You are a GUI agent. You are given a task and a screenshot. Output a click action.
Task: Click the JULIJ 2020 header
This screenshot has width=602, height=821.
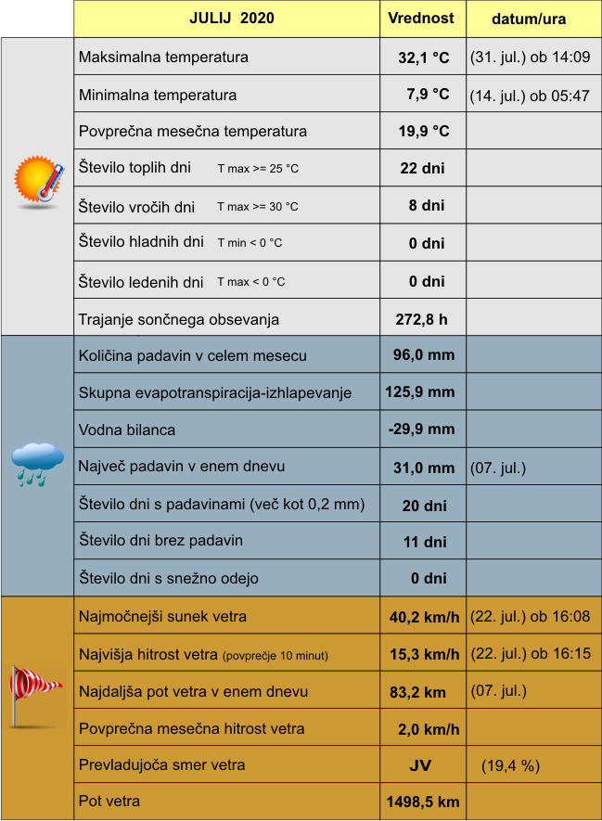[x=231, y=19]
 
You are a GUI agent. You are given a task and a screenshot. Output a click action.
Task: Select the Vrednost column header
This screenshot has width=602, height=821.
[x=421, y=19]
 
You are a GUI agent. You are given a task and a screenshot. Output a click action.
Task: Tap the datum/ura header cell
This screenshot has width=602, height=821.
[x=529, y=19]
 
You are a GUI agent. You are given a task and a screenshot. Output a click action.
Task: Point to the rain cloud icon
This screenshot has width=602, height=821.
[x=37, y=464]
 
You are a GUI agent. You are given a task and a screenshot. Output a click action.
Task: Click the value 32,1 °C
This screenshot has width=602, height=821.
[x=423, y=58]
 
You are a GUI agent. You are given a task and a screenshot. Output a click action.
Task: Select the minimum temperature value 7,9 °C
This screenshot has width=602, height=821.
[x=428, y=95]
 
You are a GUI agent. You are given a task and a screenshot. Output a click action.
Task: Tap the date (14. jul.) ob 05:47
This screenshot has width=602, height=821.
[x=530, y=95]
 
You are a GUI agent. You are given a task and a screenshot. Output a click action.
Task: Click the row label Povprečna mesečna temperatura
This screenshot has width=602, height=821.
[x=193, y=132]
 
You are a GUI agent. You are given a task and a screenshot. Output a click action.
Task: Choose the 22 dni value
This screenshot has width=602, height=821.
[x=422, y=169]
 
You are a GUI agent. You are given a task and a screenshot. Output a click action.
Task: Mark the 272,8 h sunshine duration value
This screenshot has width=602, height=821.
[x=421, y=320]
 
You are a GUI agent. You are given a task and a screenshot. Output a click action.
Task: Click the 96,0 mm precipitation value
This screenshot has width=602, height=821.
[x=424, y=355]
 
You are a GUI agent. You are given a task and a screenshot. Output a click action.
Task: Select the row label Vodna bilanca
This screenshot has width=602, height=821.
[x=127, y=430]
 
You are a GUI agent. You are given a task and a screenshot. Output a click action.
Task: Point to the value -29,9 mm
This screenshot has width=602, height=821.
[x=421, y=430]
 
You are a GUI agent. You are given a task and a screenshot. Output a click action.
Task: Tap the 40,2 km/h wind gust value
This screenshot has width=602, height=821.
[x=424, y=617]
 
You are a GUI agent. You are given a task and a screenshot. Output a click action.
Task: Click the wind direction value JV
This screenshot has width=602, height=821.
[x=420, y=766]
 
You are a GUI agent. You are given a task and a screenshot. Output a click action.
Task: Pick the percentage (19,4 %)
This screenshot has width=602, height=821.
[x=510, y=766]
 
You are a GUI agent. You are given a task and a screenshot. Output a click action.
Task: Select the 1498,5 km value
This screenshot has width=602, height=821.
[x=422, y=802]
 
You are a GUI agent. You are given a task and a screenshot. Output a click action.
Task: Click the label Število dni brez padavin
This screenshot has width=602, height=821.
[x=161, y=541]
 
